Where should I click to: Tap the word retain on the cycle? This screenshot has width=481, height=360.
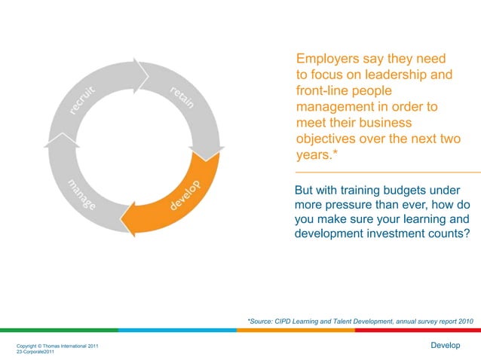pos(182,98)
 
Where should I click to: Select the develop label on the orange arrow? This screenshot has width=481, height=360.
pos(183,195)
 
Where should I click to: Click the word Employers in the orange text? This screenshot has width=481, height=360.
pos(327,59)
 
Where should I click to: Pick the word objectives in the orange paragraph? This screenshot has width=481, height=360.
pos(329,141)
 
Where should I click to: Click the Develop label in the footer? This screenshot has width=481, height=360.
pos(445,345)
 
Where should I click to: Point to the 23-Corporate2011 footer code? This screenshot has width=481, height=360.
pos(35,352)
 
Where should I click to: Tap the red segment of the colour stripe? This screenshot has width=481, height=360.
pos(418,330)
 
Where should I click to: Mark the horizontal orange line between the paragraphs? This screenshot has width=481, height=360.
pos(388,172)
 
